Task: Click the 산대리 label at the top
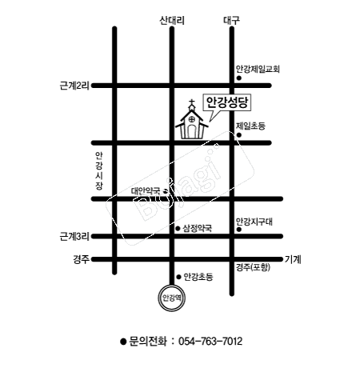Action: point(172,21)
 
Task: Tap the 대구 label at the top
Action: point(231,21)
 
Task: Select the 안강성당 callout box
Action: point(227,102)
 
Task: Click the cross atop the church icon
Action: point(191,102)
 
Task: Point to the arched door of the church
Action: point(191,131)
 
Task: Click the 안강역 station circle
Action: point(172,298)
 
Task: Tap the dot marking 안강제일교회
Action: point(239,78)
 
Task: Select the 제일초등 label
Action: point(250,126)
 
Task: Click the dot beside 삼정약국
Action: point(178,229)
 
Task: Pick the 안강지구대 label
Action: point(254,222)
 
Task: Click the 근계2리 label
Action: point(74,86)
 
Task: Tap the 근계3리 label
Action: point(74,236)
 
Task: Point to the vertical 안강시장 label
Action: point(99,170)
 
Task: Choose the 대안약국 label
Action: point(146,191)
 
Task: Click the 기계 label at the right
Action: point(293,259)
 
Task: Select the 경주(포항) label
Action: point(253,267)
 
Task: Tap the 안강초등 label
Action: point(198,277)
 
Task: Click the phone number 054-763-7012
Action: point(210,342)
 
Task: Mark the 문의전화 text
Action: point(148,342)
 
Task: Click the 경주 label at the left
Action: point(81,259)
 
